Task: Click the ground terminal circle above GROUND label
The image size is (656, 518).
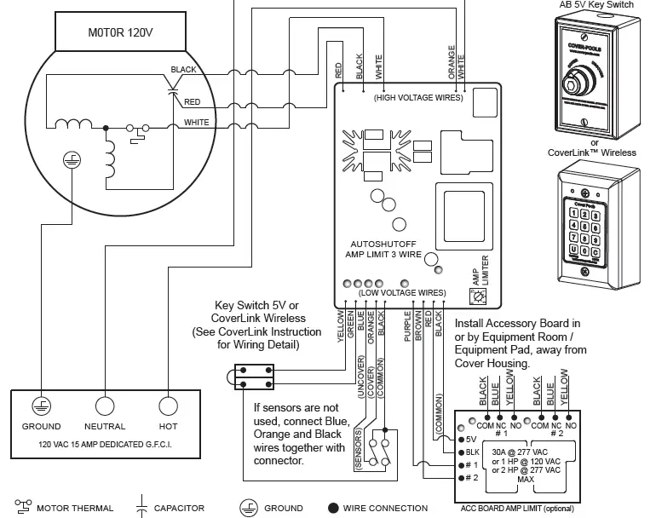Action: coord(41,406)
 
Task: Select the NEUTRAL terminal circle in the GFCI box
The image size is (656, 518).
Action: coord(105,406)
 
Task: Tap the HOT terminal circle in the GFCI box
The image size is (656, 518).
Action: coord(168,406)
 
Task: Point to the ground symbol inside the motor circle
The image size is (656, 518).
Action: coord(72,159)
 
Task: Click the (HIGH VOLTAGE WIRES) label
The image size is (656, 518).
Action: coord(417,98)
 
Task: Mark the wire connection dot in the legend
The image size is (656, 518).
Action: coord(333,509)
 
